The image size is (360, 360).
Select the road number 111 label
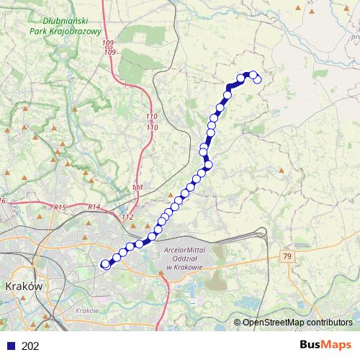point(138,188)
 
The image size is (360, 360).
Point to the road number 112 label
point(128,217)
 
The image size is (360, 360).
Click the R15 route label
point(60,207)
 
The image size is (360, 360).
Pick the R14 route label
point(94,207)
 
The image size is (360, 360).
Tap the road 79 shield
point(287,256)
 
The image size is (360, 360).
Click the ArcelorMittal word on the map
point(184,250)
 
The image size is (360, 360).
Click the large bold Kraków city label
point(25,286)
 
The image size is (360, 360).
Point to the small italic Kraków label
point(85,311)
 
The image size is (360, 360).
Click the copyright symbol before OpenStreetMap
point(237,323)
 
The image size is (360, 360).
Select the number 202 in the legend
point(31,346)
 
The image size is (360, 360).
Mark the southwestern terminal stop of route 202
point(105,264)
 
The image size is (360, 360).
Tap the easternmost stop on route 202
point(258,79)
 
